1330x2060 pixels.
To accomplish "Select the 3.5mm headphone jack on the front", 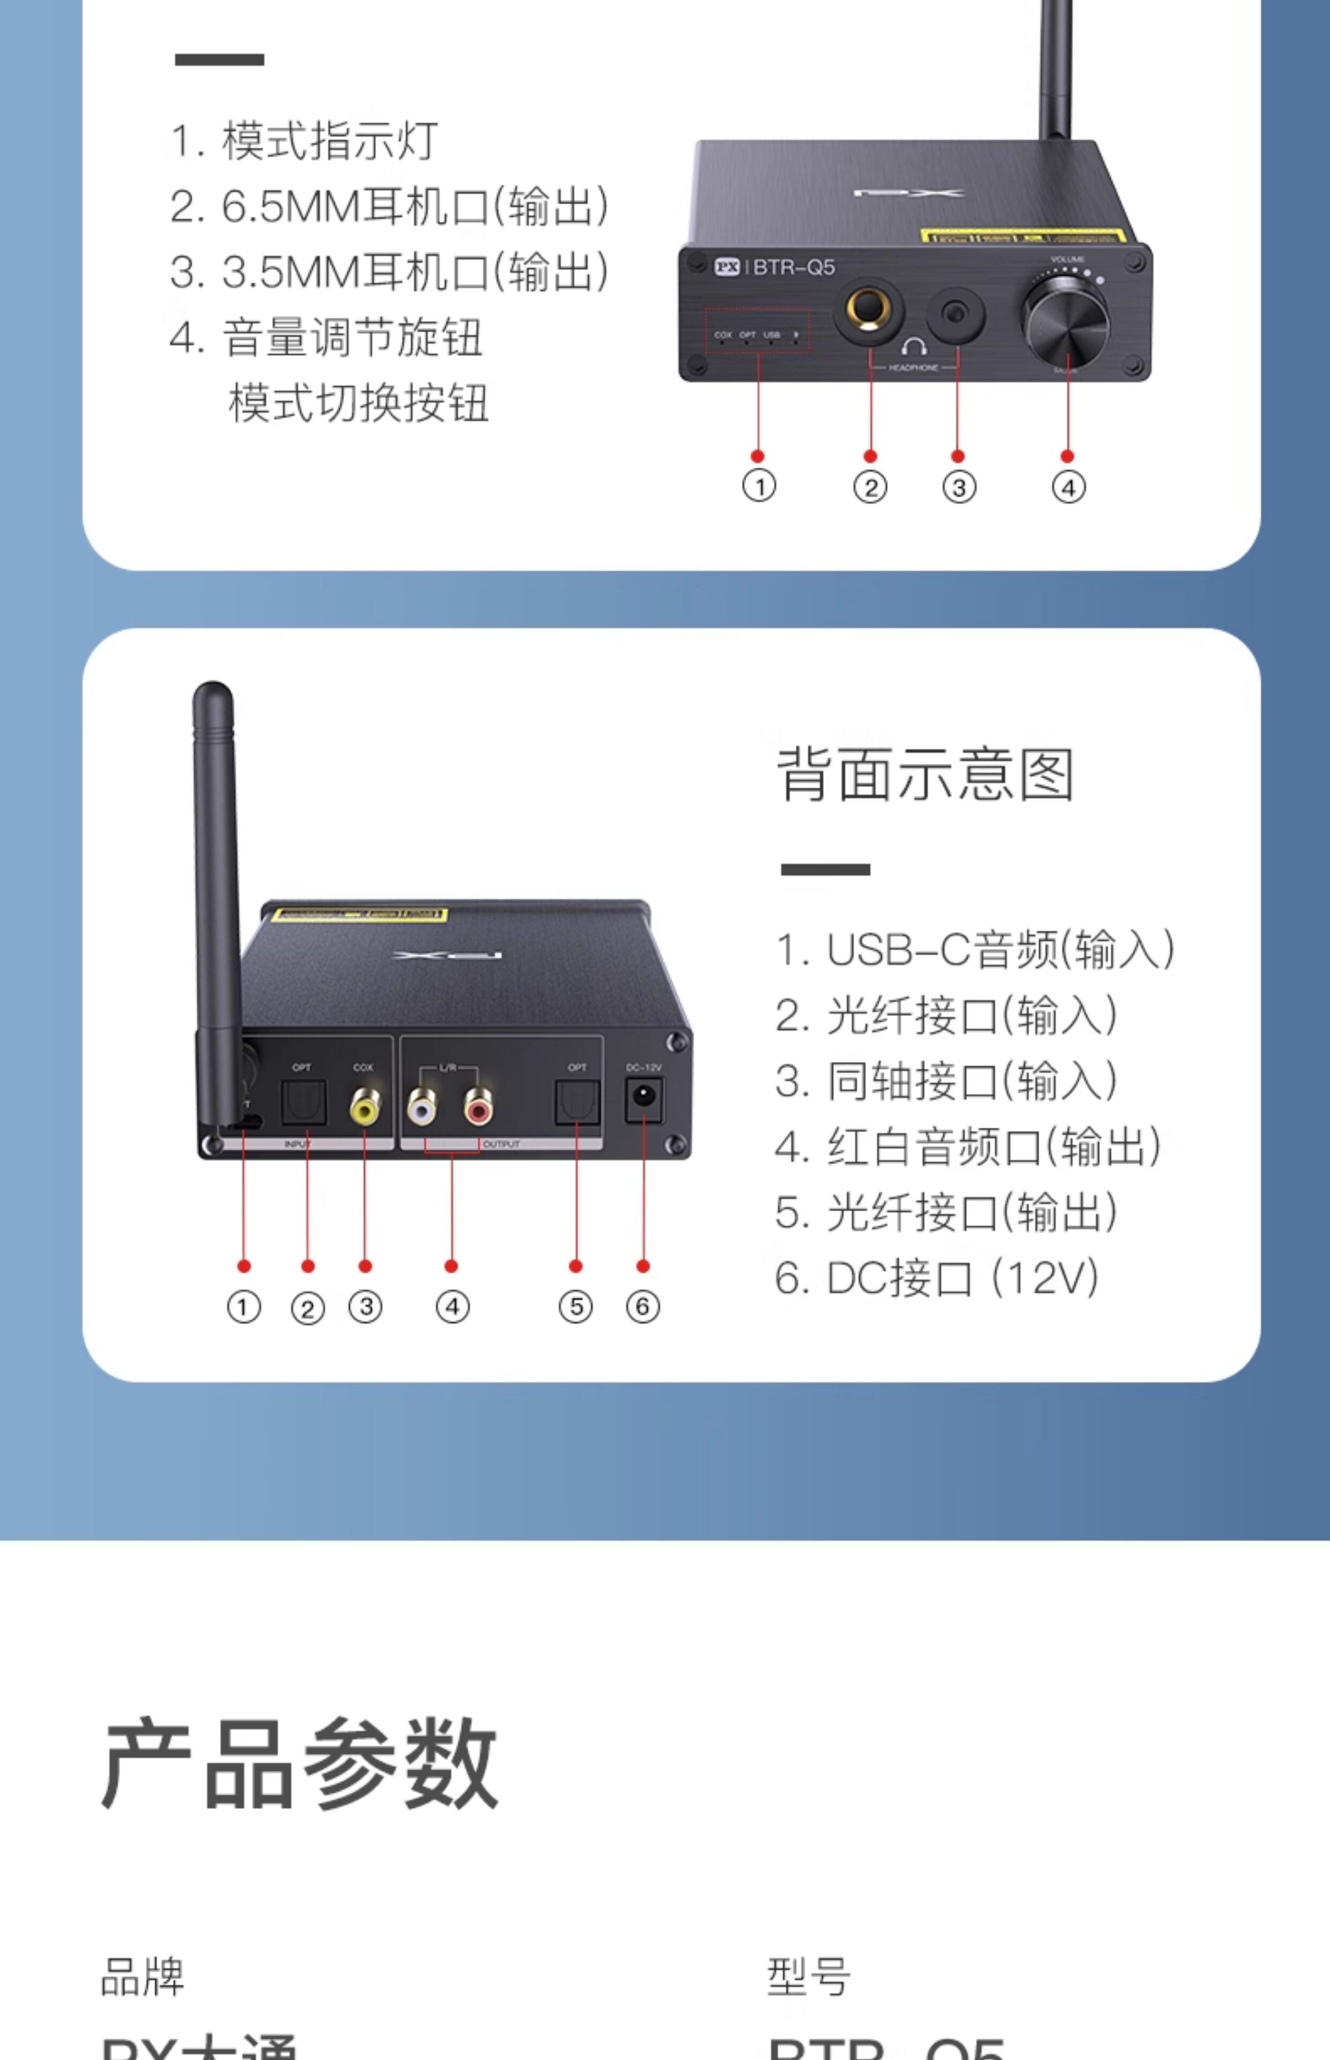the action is pos(955,313).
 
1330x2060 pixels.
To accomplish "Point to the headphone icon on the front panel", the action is pos(914,347).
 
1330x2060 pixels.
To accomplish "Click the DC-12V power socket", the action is pos(644,1097).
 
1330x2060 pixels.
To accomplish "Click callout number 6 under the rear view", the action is pos(642,1306).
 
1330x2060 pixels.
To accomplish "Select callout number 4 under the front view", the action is pos(1068,487).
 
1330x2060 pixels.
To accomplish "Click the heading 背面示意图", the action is pos(925,774).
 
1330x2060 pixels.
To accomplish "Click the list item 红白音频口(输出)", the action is pos(968,1146).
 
